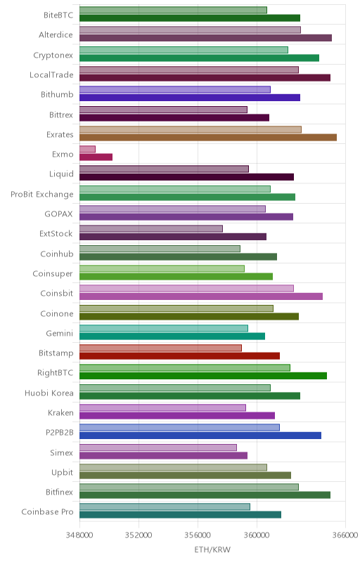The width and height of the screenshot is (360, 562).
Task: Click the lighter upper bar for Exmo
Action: coord(87,149)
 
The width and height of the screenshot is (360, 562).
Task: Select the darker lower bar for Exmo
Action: coord(96,157)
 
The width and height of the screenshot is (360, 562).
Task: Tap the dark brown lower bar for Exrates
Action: coord(208,137)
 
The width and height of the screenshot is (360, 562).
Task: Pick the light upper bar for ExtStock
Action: coord(151,229)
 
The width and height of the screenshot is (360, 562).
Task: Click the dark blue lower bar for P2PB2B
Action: coord(200,436)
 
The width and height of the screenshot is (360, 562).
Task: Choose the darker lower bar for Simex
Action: coord(164,455)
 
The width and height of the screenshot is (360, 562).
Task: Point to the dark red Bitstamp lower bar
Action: coord(179,356)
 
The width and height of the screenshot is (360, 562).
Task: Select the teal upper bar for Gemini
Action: coord(164,328)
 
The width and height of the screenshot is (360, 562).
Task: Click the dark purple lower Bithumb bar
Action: coord(190,98)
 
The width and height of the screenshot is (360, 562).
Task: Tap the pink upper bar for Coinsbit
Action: coord(186,289)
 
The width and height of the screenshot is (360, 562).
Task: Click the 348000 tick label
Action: coord(79,535)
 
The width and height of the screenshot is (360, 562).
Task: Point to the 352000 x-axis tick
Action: coord(139,535)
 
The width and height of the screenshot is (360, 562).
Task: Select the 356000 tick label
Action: coord(198,535)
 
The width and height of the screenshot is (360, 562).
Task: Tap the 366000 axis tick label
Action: coord(345,535)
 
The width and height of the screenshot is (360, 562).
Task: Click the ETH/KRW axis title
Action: coord(212,550)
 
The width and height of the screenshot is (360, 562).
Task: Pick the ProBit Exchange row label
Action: coord(42,195)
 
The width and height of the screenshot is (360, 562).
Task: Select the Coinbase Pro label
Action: coord(47,512)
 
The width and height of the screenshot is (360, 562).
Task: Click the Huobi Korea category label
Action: coord(49,393)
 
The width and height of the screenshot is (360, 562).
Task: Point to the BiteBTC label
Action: coord(58,15)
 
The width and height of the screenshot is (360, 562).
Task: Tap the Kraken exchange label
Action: coord(61,413)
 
